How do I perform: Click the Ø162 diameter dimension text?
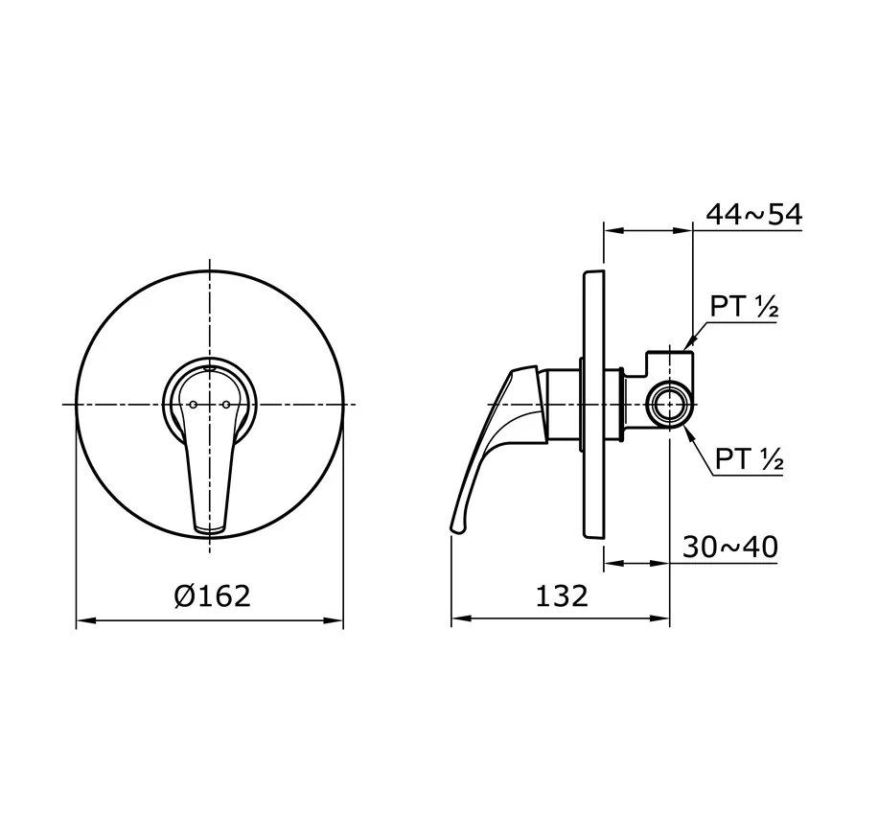[212, 596]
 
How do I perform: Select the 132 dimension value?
[561, 596]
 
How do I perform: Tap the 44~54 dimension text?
[753, 215]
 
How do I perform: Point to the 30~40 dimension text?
[730, 548]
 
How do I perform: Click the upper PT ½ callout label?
[743, 307]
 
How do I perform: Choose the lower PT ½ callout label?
[749, 459]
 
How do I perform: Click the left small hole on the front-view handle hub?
[192, 405]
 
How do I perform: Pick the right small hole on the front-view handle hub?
[225, 405]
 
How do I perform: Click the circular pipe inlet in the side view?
[668, 405]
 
